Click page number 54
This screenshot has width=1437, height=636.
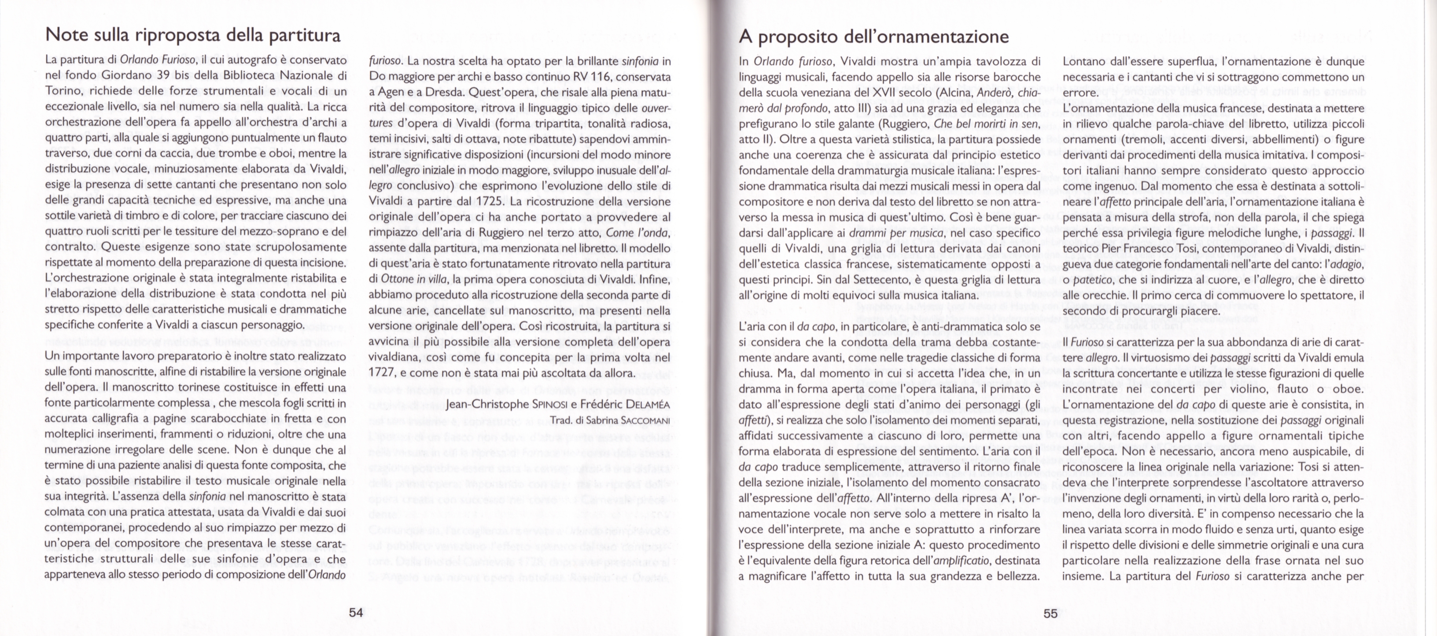(356, 612)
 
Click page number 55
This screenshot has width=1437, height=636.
(1050, 613)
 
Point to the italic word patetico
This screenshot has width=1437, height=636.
(1091, 280)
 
